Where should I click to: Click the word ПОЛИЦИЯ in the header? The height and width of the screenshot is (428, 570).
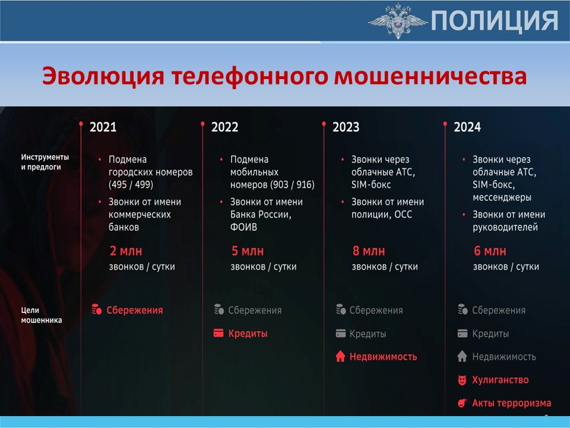point(495,21)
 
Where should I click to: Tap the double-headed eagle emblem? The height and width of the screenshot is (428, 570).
point(398,21)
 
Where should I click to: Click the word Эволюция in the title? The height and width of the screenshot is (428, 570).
point(103,77)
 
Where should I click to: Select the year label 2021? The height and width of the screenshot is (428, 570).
point(103,127)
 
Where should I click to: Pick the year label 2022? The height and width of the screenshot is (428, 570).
point(224,127)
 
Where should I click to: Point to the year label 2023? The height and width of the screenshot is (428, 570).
point(346,127)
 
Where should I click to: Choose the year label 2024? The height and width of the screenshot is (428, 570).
point(467,127)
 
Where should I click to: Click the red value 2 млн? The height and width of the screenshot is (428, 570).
point(126,251)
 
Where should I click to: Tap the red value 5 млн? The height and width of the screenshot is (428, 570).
point(248,251)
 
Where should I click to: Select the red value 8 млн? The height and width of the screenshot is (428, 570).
point(369,251)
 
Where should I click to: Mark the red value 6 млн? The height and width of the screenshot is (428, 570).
point(490,251)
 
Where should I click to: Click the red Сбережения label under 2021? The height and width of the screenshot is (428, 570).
point(135,310)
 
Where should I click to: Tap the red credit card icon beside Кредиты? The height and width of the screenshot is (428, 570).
point(218,333)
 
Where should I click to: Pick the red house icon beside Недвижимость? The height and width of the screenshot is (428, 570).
point(340,356)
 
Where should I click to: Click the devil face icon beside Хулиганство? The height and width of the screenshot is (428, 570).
point(462,380)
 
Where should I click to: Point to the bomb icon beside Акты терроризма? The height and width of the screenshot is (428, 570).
point(462,403)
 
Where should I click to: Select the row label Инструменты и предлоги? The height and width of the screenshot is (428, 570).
point(45,162)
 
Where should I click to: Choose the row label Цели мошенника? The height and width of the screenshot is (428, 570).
point(41,315)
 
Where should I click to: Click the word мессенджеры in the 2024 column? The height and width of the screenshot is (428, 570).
point(502,197)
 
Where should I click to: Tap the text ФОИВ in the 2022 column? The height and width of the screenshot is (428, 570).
point(243,227)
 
